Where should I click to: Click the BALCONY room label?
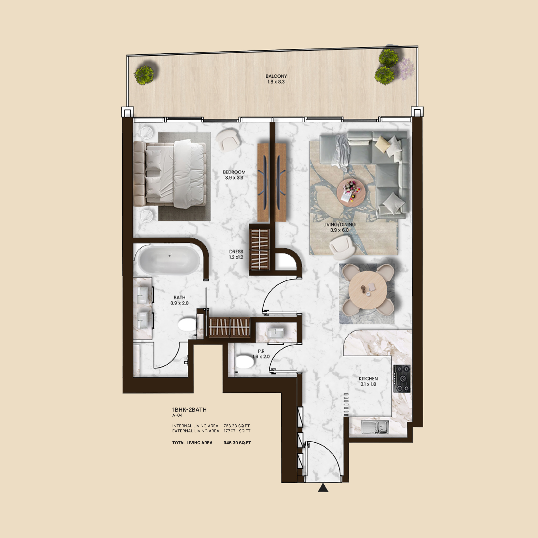(276, 76)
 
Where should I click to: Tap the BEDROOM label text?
(234, 172)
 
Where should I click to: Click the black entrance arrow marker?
(323, 488)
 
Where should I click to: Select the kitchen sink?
(375, 427)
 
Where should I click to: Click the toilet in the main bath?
(187, 324)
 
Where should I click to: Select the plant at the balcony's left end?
(144, 75)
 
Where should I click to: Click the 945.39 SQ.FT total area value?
(237, 443)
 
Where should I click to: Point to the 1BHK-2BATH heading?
(189, 410)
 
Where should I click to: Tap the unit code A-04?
(177, 415)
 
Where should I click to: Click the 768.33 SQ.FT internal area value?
(236, 426)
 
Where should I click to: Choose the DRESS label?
(236, 251)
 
